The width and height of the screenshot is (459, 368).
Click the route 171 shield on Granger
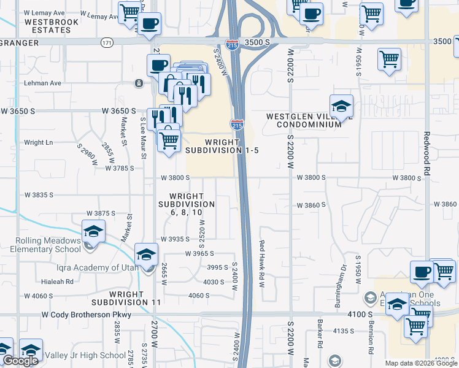(108, 43)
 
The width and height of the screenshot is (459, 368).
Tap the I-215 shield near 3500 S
(233, 44)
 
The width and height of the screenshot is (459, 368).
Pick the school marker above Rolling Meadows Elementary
(93, 231)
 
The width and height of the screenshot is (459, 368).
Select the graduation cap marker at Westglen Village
(341, 106)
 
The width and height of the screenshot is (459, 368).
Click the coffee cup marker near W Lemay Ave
(149, 24)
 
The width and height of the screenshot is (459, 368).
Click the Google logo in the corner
(20, 361)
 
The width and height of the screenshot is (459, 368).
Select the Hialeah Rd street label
(57, 282)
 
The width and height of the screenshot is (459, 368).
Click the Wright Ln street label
(39, 142)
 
